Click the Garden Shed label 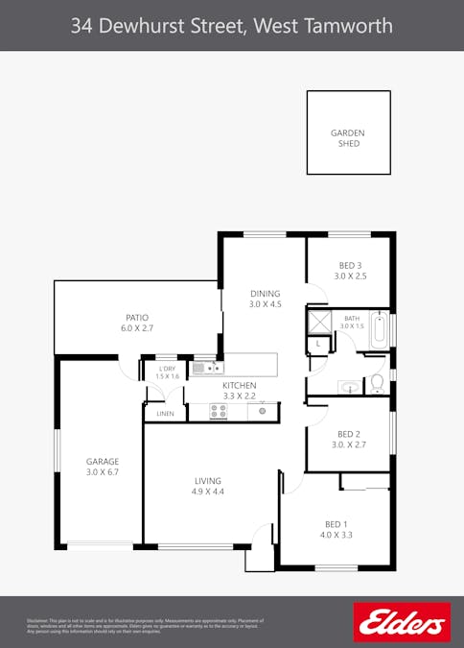point(348,138)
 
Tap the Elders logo point(402,622)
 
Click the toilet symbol point(377,384)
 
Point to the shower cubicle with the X point(318,321)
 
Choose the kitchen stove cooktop point(219,411)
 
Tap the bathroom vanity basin point(348,387)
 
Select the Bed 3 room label point(350,265)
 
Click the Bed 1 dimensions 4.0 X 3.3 point(336,535)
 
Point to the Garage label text point(103,461)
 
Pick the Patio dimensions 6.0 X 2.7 point(137,328)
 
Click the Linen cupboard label point(165,415)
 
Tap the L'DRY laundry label point(168,369)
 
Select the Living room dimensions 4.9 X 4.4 point(207,492)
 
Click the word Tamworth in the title point(347,26)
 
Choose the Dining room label point(265,294)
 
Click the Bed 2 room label point(348,433)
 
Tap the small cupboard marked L point(317,343)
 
